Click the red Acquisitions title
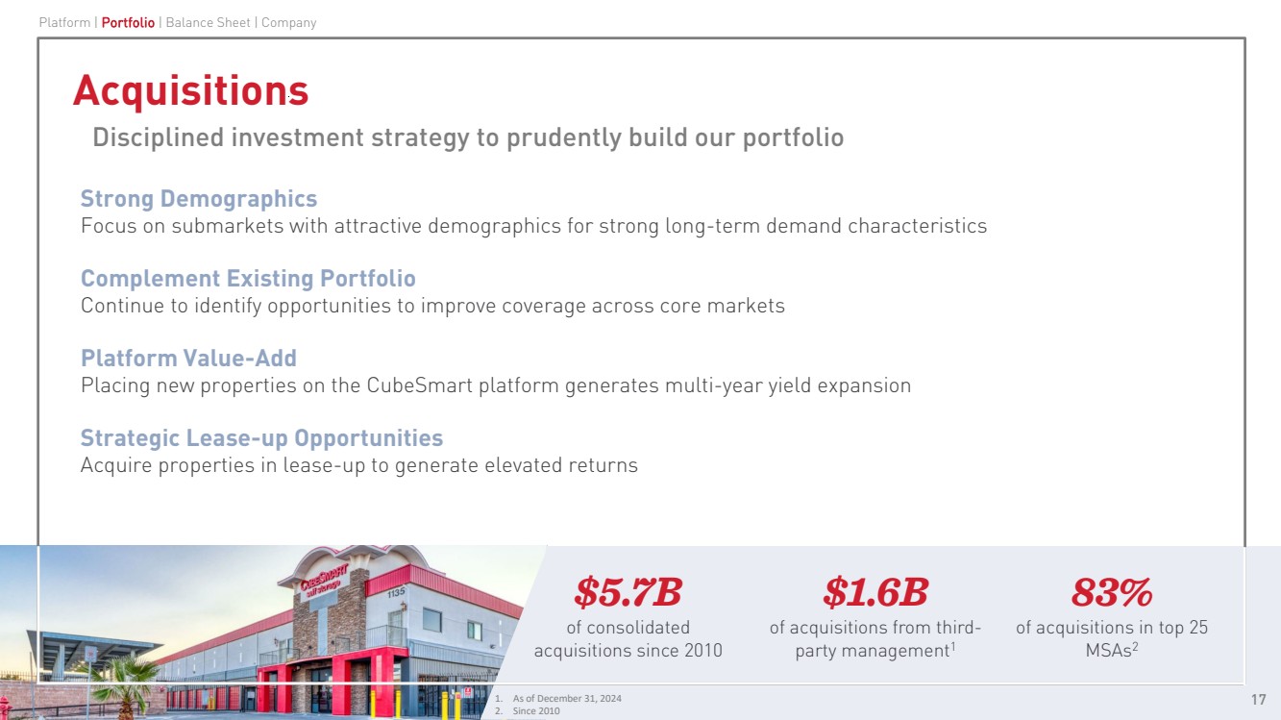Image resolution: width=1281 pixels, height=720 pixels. click(190, 90)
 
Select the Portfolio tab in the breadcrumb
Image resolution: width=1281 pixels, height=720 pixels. click(128, 22)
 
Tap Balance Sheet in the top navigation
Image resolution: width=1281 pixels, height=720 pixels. click(209, 22)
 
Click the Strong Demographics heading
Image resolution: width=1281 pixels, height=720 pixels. click(198, 199)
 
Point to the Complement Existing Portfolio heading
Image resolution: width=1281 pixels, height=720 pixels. click(248, 279)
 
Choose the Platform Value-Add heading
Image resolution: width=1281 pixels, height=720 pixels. click(188, 358)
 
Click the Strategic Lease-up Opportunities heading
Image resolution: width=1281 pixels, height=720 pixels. click(261, 438)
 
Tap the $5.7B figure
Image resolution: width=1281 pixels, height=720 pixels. click(628, 592)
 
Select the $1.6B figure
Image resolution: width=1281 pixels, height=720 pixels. click(875, 592)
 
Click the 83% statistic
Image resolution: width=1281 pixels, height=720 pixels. click(1112, 592)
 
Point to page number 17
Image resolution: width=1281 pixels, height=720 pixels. click(1258, 700)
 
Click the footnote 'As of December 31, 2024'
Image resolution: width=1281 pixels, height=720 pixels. click(567, 698)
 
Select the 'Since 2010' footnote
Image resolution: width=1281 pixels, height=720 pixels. click(536, 710)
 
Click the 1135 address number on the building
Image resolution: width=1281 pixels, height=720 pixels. click(396, 592)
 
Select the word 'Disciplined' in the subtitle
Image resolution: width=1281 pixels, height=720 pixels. click(158, 137)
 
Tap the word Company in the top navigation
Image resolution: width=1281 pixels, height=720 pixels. click(289, 22)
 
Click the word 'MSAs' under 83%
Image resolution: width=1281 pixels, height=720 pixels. click(1108, 650)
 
